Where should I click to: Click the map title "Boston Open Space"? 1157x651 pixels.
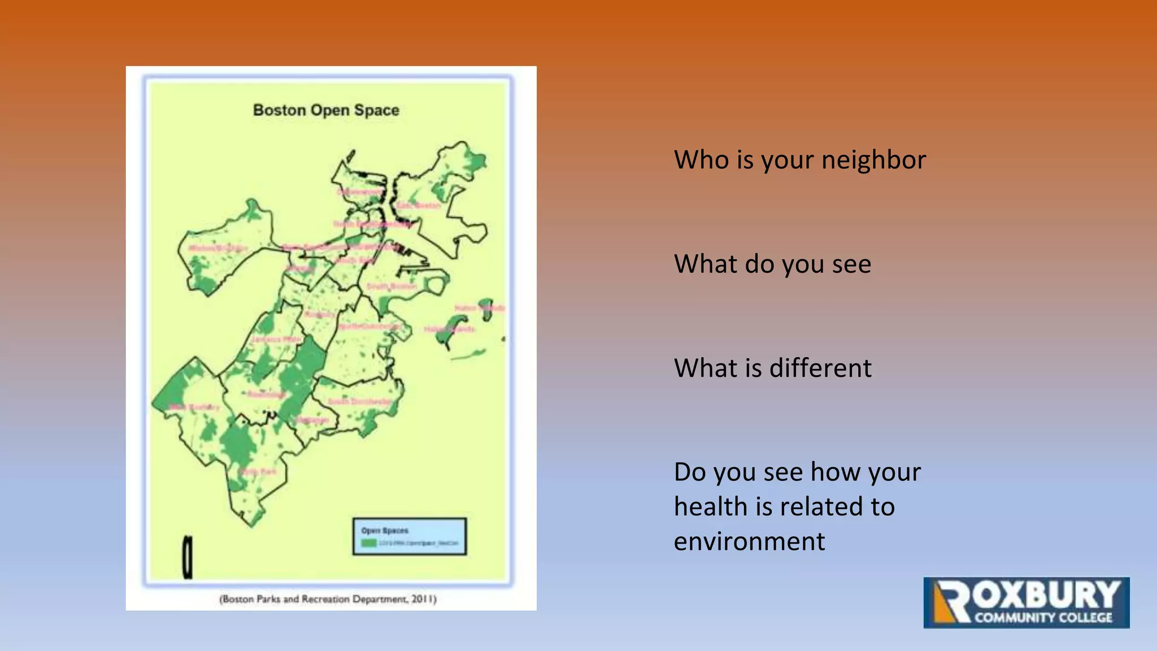pos(326,110)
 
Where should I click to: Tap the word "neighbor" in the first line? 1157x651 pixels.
pos(873,160)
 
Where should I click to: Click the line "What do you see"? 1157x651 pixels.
pos(772,264)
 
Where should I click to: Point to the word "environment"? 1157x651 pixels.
pos(749,542)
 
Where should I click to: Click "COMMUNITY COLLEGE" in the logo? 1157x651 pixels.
pos(1043,618)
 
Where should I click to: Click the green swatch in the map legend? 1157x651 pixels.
pos(369,543)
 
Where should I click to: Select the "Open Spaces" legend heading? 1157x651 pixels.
pos(385,531)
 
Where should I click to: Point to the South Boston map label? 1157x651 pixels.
pos(392,287)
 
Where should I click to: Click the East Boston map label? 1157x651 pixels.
pos(419,205)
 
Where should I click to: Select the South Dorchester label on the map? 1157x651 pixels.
pos(360,401)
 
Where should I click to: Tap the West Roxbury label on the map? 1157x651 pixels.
pos(194,407)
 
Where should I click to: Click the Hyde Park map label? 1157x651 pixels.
pos(258,471)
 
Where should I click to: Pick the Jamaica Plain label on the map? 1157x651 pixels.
pos(276,339)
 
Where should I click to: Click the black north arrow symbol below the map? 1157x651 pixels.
pos(188,557)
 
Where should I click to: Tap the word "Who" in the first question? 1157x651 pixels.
pos(700,160)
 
